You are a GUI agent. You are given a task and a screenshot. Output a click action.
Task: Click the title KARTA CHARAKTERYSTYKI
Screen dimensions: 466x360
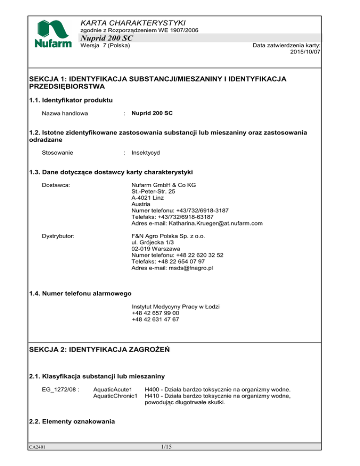pyautogui.click(x=133, y=23)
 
